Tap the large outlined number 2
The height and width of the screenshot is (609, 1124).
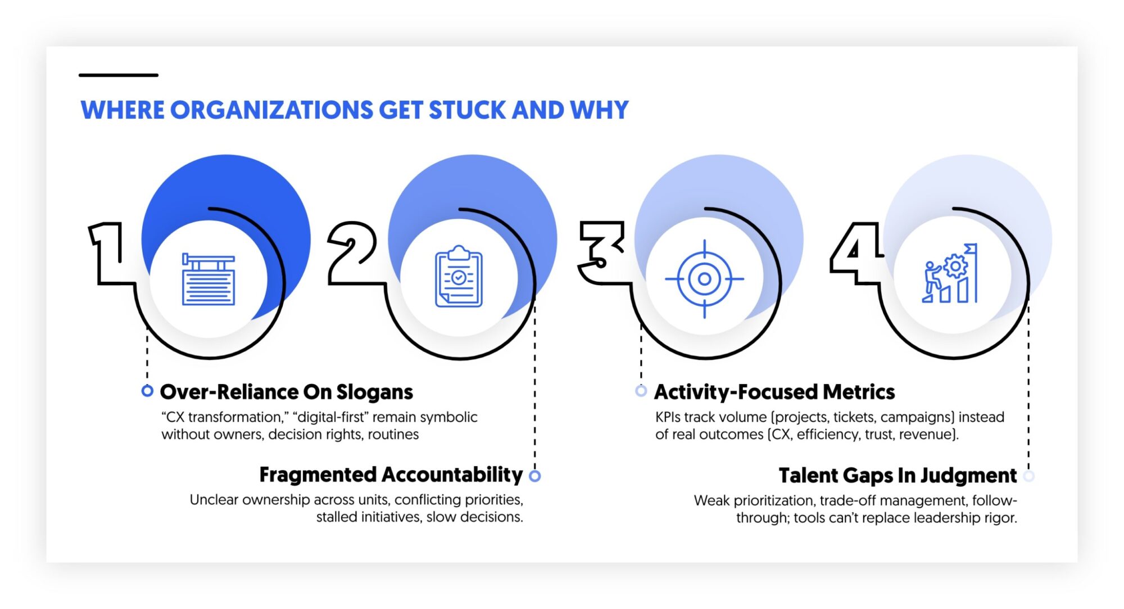tap(352, 253)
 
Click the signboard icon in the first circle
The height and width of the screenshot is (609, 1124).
tap(209, 279)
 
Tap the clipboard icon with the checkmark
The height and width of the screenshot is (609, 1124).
tap(459, 277)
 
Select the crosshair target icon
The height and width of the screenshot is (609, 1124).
tap(704, 279)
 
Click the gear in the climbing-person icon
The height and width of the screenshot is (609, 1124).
tap(955, 267)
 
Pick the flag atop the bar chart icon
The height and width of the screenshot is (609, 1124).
tap(971, 248)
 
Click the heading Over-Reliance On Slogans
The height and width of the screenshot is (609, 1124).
tap(286, 392)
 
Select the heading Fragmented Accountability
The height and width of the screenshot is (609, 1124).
tap(391, 475)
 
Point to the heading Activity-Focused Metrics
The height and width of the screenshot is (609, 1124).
tap(774, 392)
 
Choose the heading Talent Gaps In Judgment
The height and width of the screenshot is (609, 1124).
tap(898, 476)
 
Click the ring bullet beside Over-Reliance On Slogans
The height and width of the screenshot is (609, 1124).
tap(147, 391)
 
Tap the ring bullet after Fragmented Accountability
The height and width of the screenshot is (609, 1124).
tap(535, 476)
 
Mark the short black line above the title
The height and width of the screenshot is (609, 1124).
tap(119, 75)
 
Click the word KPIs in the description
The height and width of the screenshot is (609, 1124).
tap(668, 417)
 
